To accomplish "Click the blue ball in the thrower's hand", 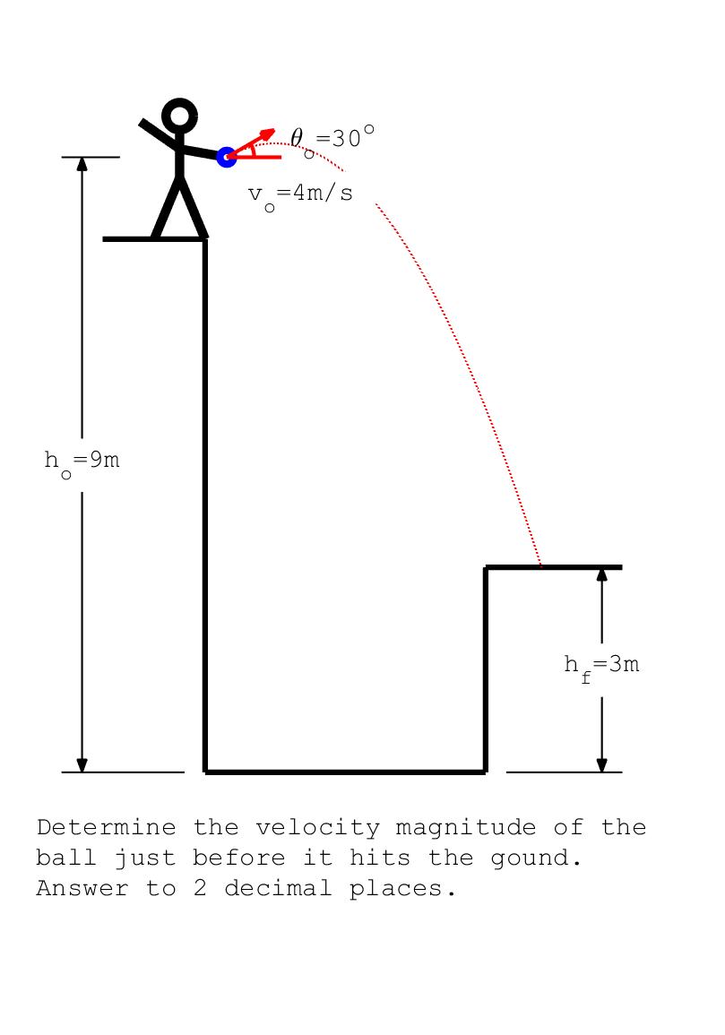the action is coord(227,157).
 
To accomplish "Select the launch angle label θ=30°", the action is coord(332,140).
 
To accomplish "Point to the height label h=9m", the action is coord(82,462).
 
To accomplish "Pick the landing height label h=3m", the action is coord(601,667).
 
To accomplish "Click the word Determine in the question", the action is coord(107,827).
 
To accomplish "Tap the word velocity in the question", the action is coord(318,829).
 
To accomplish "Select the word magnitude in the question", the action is coord(466,829).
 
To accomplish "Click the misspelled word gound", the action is coord(536,859).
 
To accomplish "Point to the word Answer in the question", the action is coord(82,888).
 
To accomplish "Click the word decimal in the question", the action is coord(278,888).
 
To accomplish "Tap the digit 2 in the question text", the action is coord(200,888).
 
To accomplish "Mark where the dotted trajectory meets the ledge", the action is coord(541,566).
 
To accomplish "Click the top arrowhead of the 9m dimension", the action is coord(82,164).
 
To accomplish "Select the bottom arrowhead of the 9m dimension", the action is coord(82,765).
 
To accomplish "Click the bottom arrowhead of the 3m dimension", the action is coord(601,765).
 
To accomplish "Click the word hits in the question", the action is coord(380,858).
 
